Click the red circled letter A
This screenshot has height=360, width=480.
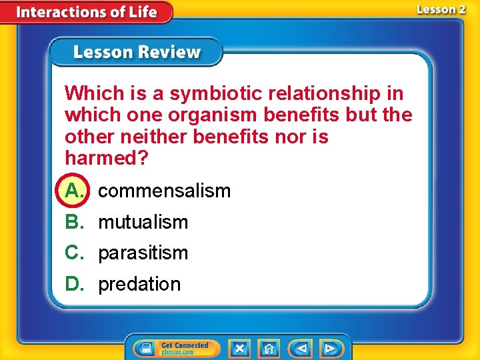tap(75, 191)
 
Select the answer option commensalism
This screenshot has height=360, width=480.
tap(164, 191)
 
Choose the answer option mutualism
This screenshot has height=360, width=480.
tap(143, 222)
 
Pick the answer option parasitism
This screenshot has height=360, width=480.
tap(143, 253)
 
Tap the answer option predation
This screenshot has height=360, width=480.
tap(139, 285)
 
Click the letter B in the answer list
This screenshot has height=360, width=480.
tap(75, 222)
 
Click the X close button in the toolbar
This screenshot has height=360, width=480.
tap(239, 348)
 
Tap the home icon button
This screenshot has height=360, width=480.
tap(269, 348)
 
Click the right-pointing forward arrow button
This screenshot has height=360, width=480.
tap(329, 348)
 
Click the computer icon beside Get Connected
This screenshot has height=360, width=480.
tap(145, 348)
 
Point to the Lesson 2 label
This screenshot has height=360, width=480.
tap(441, 9)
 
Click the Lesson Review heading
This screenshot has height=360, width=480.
tap(137, 53)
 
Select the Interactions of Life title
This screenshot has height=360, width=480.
tap(86, 12)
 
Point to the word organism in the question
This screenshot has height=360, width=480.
tap(213, 115)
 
